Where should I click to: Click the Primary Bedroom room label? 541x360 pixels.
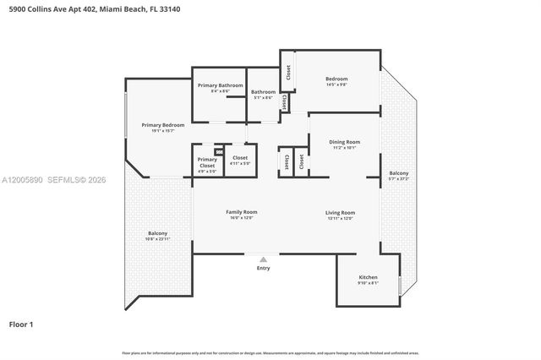tap(162, 125)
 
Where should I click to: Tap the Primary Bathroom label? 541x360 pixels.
tap(220, 85)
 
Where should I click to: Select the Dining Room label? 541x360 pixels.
tap(345, 142)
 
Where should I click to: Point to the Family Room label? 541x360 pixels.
tap(241, 212)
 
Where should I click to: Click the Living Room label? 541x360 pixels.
tap(341, 212)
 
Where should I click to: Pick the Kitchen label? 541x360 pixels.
tap(368, 277)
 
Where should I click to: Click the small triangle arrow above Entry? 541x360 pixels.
tap(264, 259)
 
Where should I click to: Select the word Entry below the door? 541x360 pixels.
tap(264, 268)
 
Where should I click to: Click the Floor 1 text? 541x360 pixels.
tap(22, 324)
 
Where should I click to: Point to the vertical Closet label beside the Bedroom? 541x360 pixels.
tap(288, 74)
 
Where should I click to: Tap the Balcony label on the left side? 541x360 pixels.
tap(157, 233)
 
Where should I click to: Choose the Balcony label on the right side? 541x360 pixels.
tap(398, 172)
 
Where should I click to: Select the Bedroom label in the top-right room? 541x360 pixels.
tap(336, 79)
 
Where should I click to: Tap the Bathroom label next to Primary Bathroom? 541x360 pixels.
tap(263, 91)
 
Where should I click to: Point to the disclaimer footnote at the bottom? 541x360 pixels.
tap(270, 352)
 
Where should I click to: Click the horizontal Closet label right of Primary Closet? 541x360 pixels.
tap(240, 157)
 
